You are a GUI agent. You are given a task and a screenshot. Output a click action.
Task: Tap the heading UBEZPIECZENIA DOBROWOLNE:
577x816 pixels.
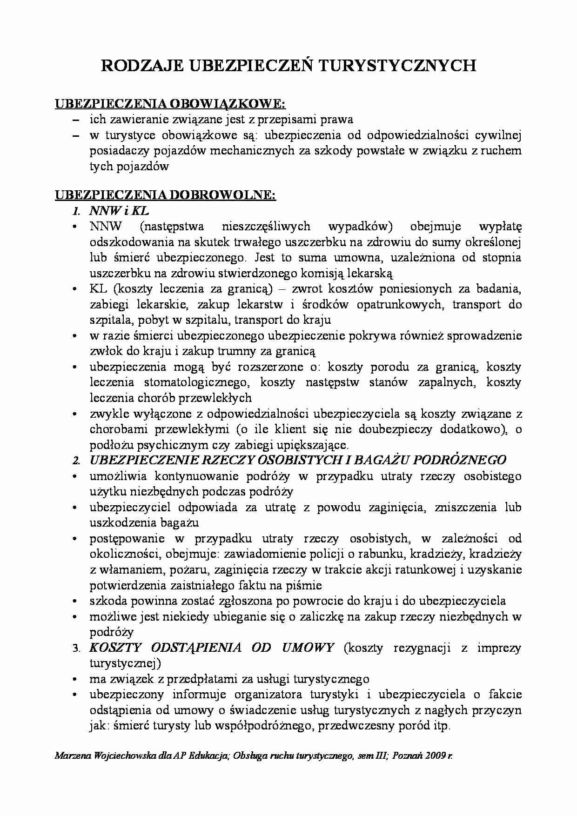tap(166, 195)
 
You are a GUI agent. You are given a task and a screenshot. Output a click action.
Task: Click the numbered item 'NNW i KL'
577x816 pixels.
tap(119, 211)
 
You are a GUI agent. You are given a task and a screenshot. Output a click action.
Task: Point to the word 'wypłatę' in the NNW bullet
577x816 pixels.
tap(500, 227)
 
